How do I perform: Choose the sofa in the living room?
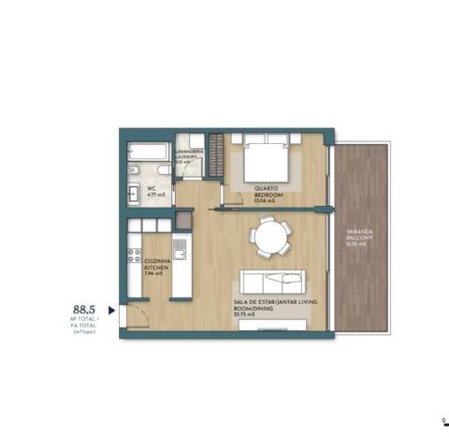pyautogui.click(x=273, y=283)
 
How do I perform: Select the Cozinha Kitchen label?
pyautogui.click(x=155, y=267)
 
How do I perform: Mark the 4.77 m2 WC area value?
pyautogui.click(x=155, y=195)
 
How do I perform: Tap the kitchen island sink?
pyautogui.click(x=178, y=248)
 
